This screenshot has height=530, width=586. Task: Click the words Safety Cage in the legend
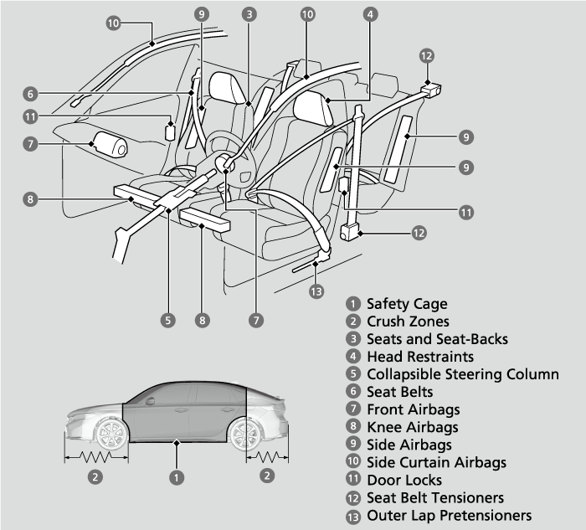[x=407, y=304]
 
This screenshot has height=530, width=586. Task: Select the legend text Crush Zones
[x=408, y=322]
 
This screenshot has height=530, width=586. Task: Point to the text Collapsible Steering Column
[x=463, y=374]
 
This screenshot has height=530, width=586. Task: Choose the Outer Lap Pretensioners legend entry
[x=449, y=516]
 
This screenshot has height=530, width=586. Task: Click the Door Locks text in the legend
[x=404, y=481]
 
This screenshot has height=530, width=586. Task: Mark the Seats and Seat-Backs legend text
[x=437, y=339]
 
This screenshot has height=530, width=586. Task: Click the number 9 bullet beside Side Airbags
[x=354, y=445]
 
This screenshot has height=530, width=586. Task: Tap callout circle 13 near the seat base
[x=316, y=292]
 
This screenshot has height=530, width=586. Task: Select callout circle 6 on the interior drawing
[x=29, y=94]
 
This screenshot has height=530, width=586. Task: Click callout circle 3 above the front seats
[x=249, y=13]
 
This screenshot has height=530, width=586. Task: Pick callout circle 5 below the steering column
[x=169, y=320]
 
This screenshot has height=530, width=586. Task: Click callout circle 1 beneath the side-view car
[x=177, y=477]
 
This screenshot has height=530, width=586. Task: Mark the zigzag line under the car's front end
[x=96, y=459]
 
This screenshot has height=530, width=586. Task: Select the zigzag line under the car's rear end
[x=266, y=459]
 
